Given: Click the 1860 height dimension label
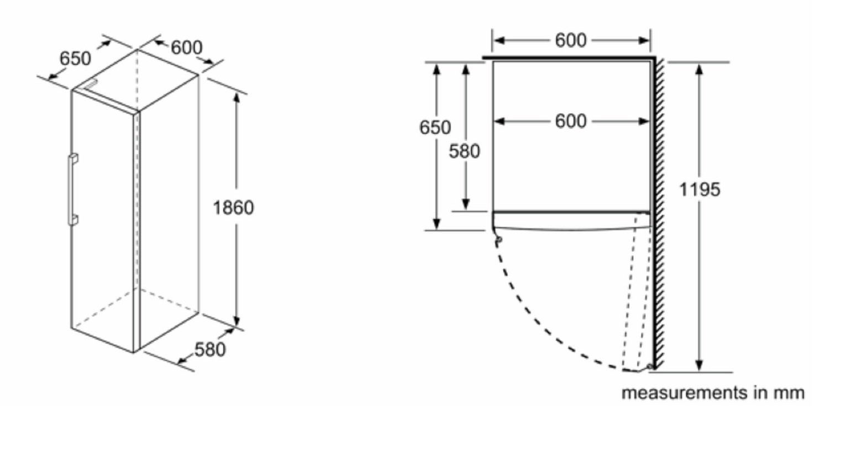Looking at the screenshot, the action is tap(233, 208).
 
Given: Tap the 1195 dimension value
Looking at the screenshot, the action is tap(700, 189).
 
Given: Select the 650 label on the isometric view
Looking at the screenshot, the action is tap(75, 59).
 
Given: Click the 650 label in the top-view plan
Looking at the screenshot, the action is tap(435, 127).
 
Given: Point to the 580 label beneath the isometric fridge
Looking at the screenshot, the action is tap(210, 349).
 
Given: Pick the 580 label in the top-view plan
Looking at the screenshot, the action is tap(464, 151).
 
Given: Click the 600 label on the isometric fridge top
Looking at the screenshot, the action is tap(187, 47).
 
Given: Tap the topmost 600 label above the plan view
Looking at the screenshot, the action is tap(571, 40).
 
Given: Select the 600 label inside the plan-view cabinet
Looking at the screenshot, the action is tap(571, 121).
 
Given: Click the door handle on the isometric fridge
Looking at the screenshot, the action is tap(72, 189).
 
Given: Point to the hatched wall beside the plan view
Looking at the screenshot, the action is tap(659, 213).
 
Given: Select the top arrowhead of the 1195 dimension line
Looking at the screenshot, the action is tap(700, 70).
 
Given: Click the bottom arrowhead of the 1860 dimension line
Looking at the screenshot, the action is tap(237, 320).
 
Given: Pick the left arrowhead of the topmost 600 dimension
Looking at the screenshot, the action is tap(500, 40).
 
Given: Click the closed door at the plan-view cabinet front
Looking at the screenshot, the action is tap(571, 220).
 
